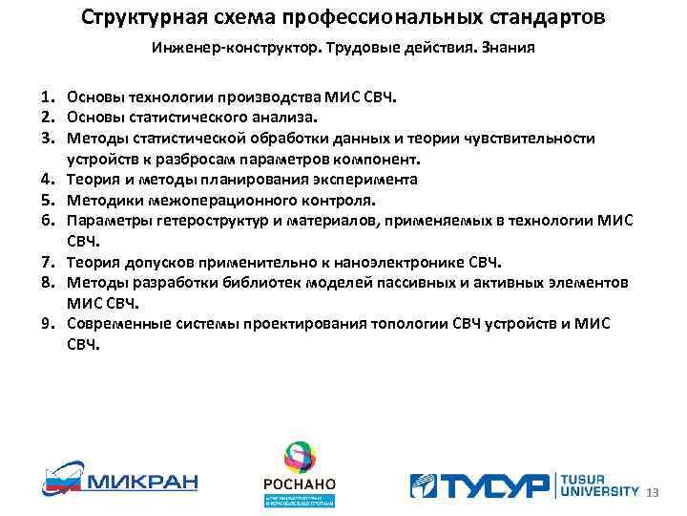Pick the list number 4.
click(x=48, y=180)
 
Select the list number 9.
click(x=48, y=324)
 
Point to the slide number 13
click(x=653, y=493)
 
